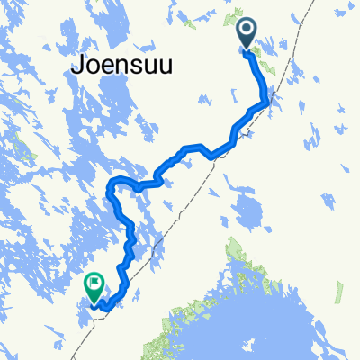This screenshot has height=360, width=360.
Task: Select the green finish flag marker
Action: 94,287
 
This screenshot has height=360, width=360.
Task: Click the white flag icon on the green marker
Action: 94,283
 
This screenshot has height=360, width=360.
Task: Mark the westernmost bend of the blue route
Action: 109,189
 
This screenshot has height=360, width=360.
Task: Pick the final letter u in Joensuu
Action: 148,66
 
